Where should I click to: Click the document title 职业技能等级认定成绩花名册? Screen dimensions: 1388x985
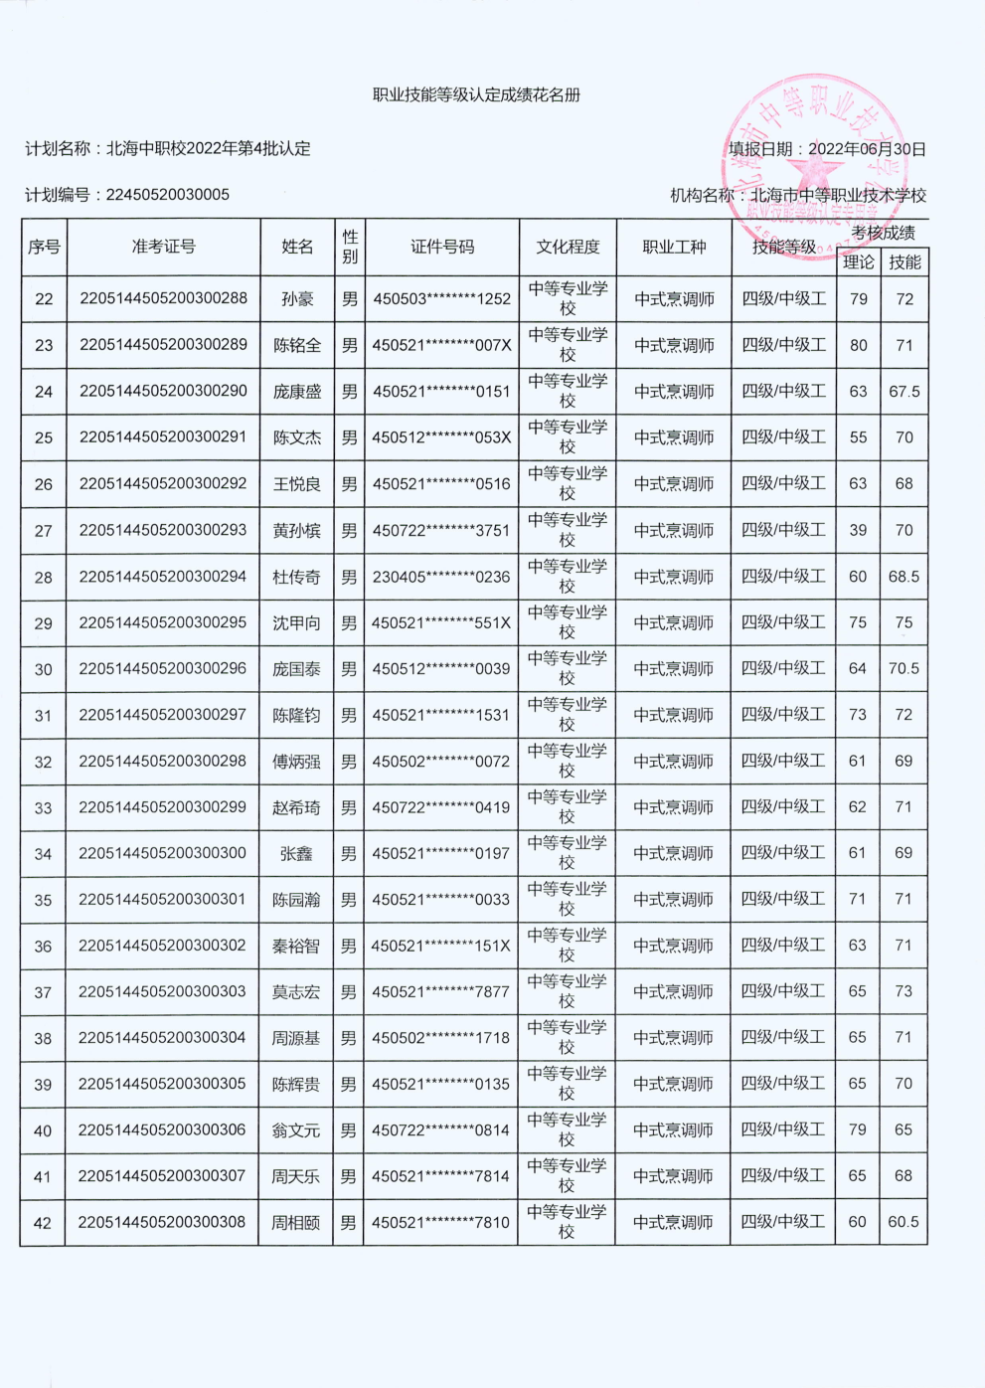[476, 95]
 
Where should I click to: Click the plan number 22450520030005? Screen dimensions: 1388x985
[167, 195]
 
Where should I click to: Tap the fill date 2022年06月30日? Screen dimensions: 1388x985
[867, 149]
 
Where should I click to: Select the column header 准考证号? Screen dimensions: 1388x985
[163, 247]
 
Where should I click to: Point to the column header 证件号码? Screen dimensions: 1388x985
[442, 247]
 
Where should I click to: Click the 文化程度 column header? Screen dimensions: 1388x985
[568, 247]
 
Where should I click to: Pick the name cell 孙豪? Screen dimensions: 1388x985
[297, 299]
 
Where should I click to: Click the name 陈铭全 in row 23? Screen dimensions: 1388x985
[297, 345]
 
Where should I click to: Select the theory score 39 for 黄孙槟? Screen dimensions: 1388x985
[858, 530]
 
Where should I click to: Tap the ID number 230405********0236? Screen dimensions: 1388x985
[441, 577]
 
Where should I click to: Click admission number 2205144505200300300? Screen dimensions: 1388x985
[162, 853]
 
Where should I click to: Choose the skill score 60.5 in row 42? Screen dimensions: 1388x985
[903, 1222]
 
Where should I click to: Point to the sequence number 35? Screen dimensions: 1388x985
[43, 900]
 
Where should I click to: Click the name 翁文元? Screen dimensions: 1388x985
[296, 1130]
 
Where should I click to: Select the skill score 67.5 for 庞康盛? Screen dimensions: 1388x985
[904, 392]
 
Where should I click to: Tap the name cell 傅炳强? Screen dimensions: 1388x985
[296, 762]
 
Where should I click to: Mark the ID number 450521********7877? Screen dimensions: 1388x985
[440, 992]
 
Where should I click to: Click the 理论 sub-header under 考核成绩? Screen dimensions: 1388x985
[858, 262]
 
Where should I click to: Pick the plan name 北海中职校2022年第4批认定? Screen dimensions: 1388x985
[208, 149]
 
